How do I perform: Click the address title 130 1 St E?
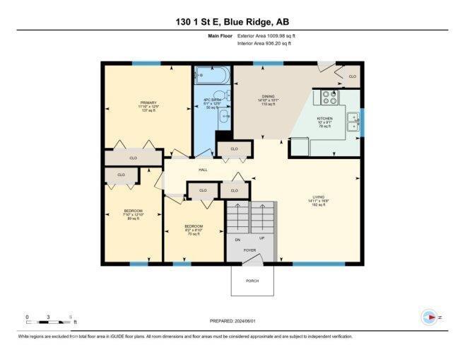[x=232, y=22]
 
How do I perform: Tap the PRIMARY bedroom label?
[x=148, y=107]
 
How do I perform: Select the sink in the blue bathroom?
[x=223, y=116]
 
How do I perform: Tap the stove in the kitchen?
[x=330, y=96]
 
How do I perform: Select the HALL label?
[x=202, y=170]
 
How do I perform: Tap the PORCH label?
[x=252, y=281]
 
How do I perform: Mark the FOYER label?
[x=250, y=250]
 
